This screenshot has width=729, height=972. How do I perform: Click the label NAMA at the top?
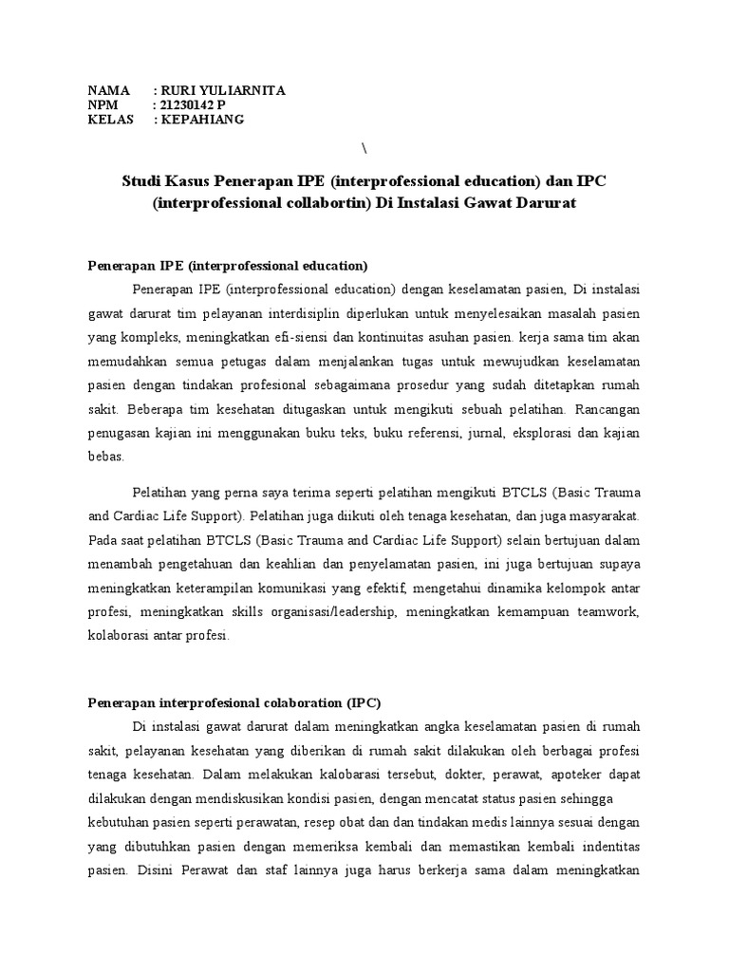[x=108, y=90]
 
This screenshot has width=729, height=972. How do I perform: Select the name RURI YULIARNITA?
[x=223, y=90]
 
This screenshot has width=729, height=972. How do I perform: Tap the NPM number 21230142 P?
[x=195, y=104]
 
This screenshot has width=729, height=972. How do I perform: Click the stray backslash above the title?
[x=364, y=147]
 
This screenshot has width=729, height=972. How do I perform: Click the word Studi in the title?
[x=142, y=180]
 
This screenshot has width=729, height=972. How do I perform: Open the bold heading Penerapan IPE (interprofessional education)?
[x=228, y=265]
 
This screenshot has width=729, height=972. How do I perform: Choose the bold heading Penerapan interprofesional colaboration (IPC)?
[x=234, y=703]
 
